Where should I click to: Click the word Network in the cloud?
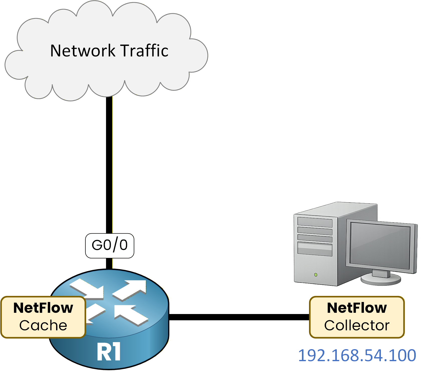(x=83, y=51)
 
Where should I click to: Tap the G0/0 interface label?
(x=110, y=246)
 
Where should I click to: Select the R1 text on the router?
(x=109, y=352)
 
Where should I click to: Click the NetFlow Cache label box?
(x=43, y=317)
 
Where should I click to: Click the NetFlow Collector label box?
(x=357, y=317)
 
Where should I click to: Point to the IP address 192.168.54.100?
(x=357, y=355)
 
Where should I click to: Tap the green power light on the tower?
(x=316, y=275)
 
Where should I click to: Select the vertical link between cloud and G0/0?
(x=109, y=163)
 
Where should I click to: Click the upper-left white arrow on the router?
(x=88, y=288)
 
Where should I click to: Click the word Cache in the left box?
(x=43, y=326)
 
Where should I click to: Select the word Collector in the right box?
(x=357, y=326)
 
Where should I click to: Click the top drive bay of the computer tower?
(x=315, y=222)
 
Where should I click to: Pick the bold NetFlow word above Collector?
(x=357, y=308)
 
